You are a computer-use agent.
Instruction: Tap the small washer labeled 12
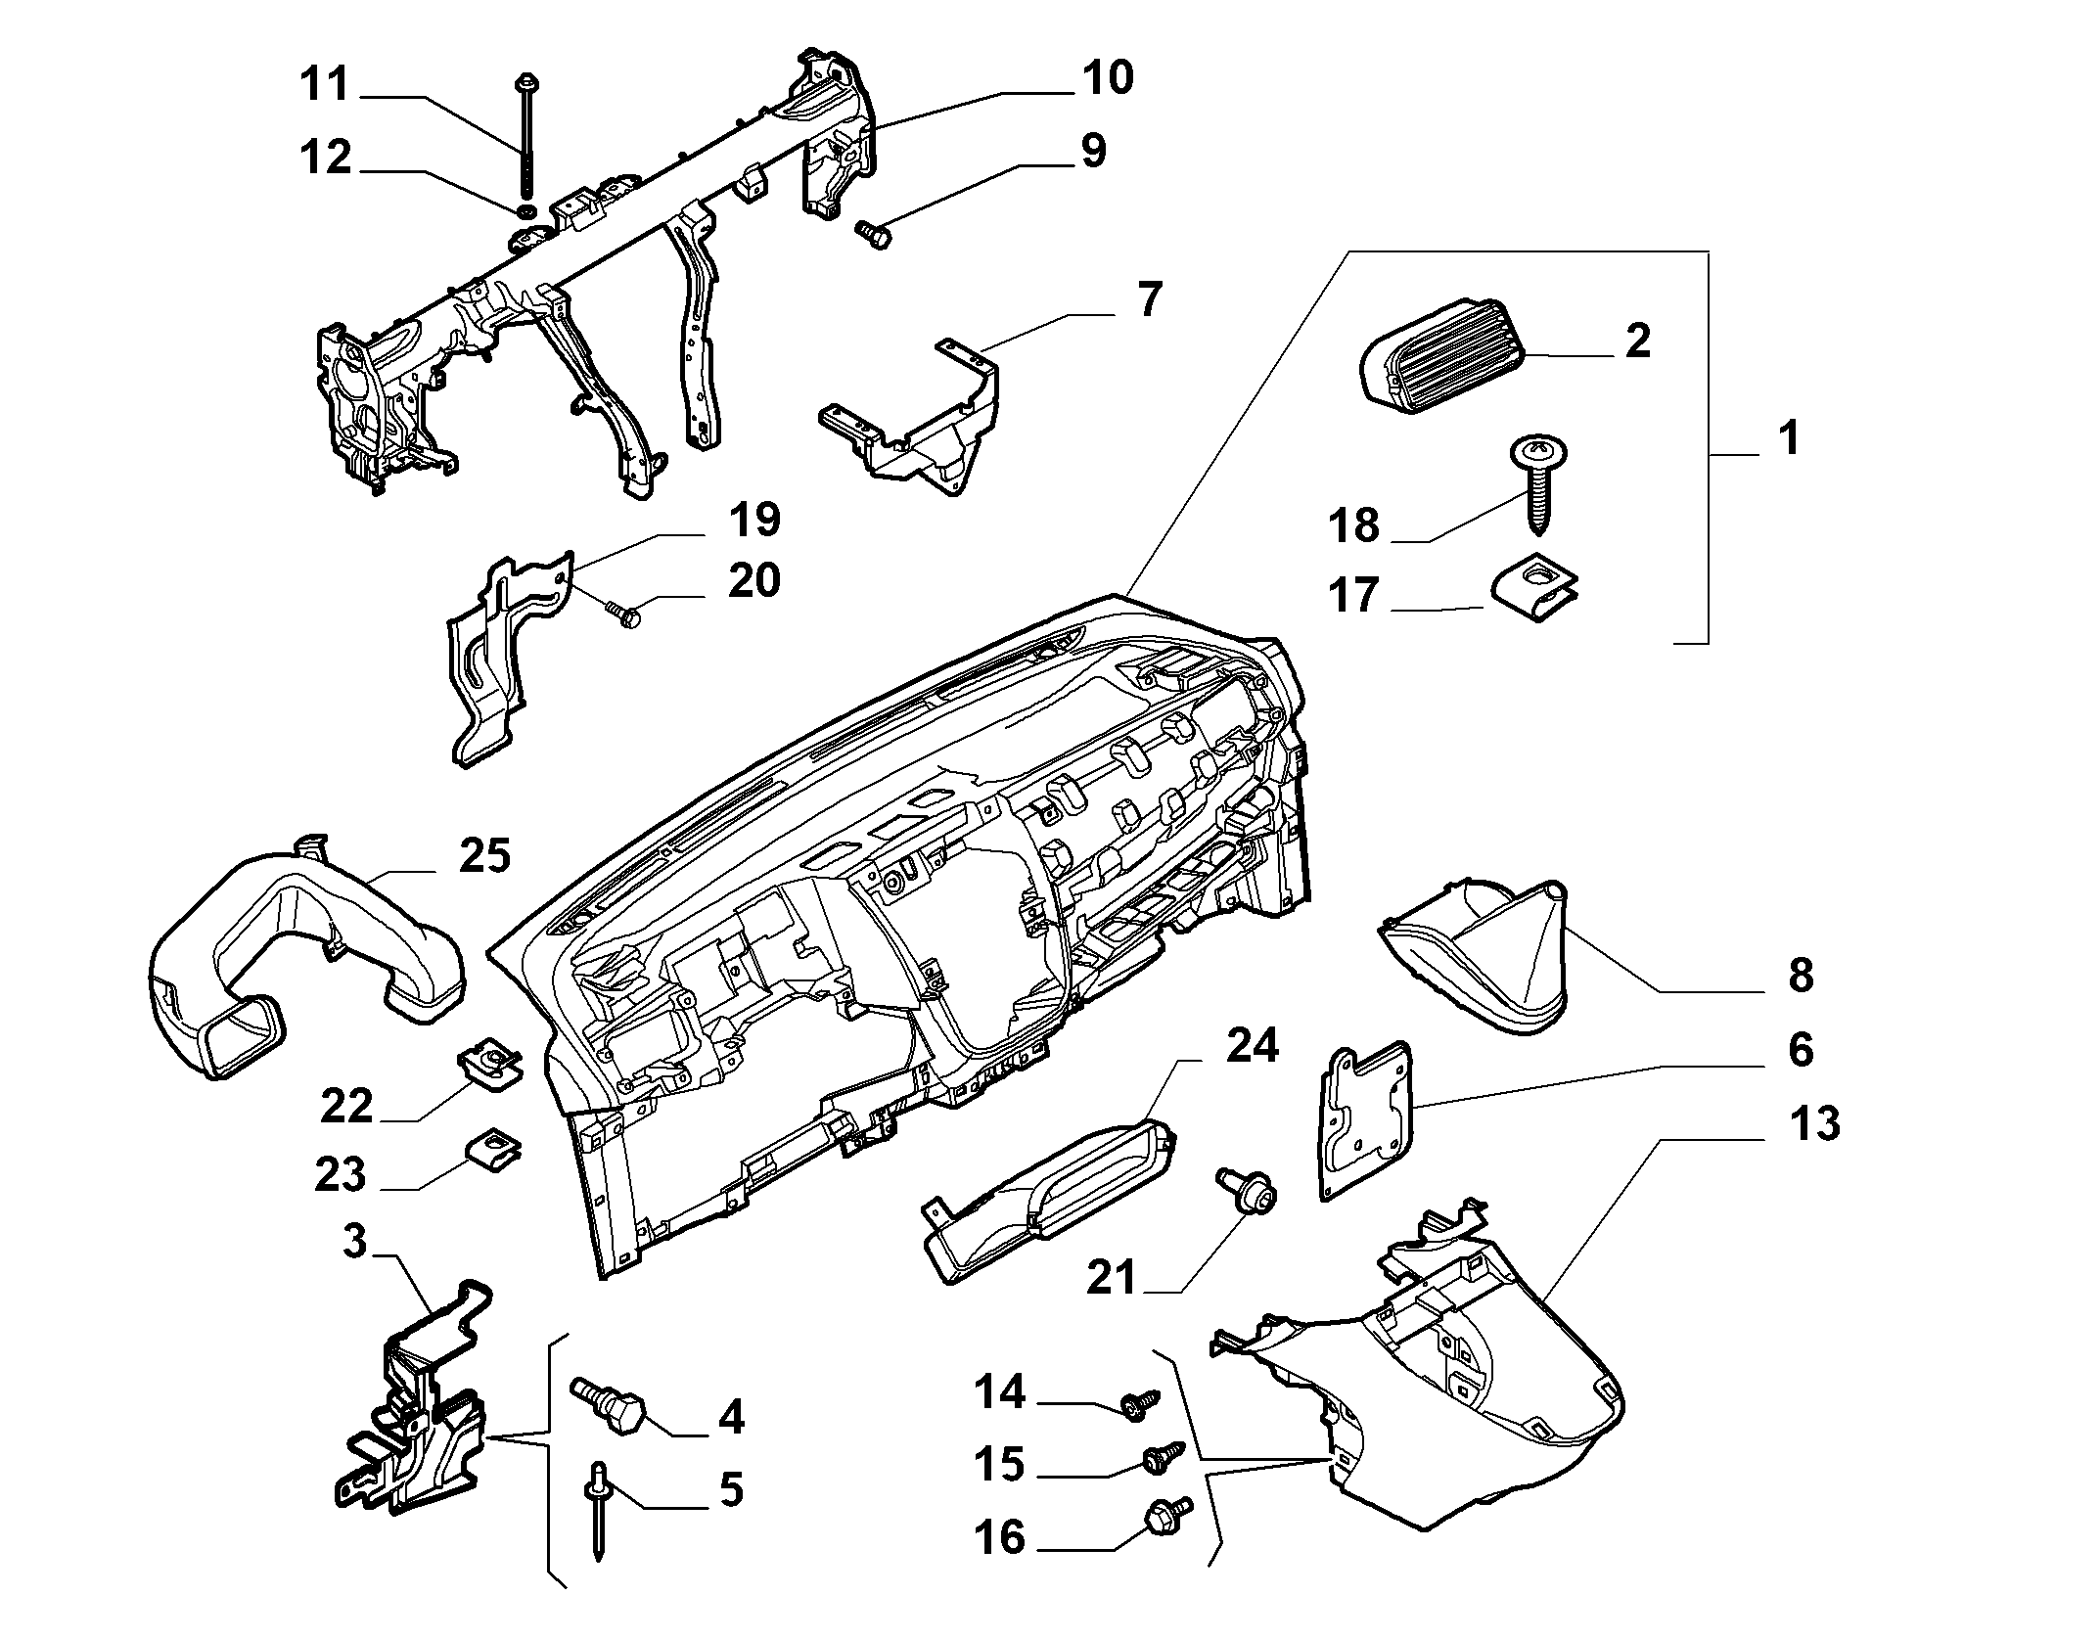pyautogui.click(x=525, y=211)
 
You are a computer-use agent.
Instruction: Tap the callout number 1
pyautogui.click(x=1789, y=438)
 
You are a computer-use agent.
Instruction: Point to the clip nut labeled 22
pyautogui.click(x=490, y=1064)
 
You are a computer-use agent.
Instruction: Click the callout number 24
pyautogui.click(x=1253, y=1046)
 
